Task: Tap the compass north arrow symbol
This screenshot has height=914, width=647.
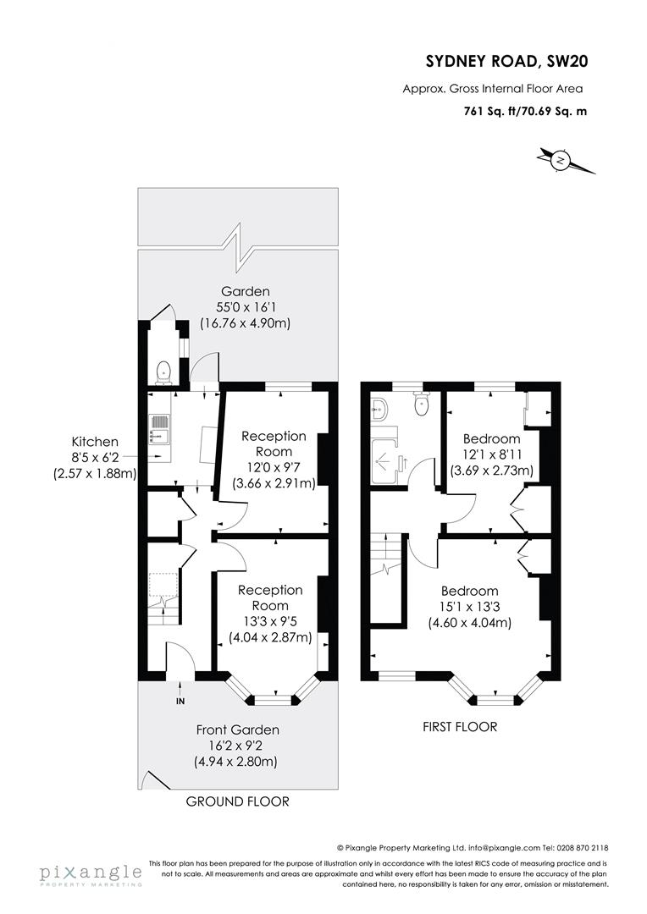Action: (560, 158)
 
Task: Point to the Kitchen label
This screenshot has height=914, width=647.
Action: (94, 442)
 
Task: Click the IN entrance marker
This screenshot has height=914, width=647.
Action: (180, 702)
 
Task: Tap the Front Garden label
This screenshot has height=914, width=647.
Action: (237, 730)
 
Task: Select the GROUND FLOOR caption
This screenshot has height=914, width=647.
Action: (237, 801)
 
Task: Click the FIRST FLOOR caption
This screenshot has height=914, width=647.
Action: (459, 727)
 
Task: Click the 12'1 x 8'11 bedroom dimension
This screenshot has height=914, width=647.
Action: (491, 454)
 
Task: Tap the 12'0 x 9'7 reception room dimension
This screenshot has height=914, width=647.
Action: (273, 467)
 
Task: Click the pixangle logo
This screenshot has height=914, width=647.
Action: (90, 874)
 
